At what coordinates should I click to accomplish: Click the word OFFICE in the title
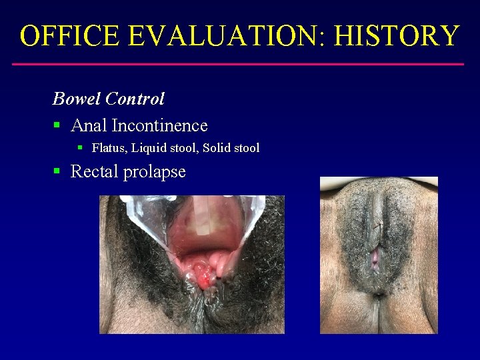coord(69,35)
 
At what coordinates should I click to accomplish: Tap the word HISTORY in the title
coord(397,35)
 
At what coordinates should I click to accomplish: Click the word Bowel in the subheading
coord(77,99)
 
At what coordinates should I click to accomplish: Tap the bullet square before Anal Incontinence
coord(57,125)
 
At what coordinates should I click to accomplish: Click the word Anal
coord(89,125)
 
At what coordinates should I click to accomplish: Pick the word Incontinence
coord(160,125)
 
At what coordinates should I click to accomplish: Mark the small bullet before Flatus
coord(79,147)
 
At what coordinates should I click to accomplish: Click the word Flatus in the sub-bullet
coord(108,148)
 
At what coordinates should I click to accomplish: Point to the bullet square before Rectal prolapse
coord(57,171)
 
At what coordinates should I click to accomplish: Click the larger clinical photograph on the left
coord(192,264)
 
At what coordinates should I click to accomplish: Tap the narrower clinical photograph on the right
coord(379,255)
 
